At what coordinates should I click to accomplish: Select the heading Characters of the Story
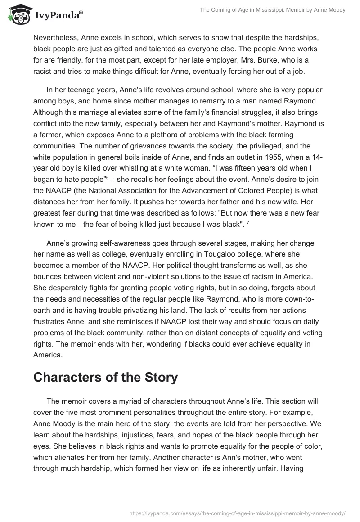coord(106,377)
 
